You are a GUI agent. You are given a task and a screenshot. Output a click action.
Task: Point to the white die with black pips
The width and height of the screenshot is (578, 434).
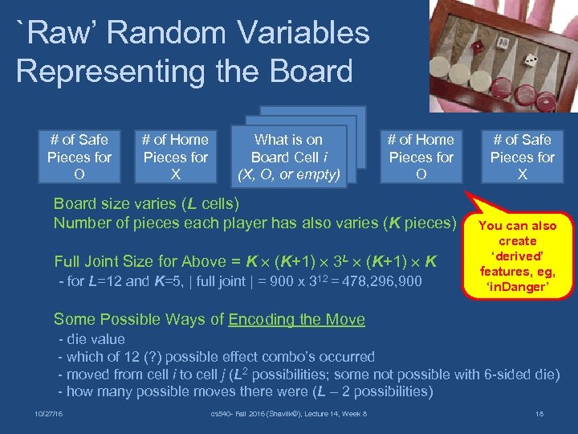[530, 61]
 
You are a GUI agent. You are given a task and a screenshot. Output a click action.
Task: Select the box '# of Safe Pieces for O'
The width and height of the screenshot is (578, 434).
[79, 157]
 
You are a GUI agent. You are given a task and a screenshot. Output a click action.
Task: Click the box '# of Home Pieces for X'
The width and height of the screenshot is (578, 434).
[176, 157]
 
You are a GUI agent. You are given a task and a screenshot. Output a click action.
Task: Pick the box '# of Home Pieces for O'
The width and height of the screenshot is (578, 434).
[421, 157]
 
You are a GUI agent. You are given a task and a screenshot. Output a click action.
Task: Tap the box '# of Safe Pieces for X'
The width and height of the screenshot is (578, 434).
[523, 157]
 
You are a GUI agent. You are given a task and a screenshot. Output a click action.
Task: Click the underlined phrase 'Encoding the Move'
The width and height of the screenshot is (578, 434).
[296, 320]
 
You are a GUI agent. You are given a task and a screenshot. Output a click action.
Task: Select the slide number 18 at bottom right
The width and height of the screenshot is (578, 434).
[539, 413]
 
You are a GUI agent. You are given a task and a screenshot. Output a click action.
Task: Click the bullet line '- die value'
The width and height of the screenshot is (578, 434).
[92, 339]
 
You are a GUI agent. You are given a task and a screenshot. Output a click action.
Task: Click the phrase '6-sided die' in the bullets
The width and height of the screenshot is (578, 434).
[518, 374]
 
